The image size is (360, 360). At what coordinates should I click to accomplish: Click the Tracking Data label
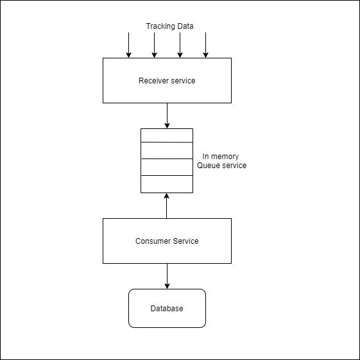coord(169,26)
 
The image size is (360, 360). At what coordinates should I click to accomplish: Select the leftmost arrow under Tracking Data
coord(128,45)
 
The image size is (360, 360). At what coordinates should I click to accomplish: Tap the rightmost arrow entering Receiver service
coord(205,45)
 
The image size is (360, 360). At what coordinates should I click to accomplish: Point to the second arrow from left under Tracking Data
coord(154,45)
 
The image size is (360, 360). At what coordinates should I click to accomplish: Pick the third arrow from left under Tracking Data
coord(180,45)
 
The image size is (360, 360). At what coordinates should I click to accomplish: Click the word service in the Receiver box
coord(183,81)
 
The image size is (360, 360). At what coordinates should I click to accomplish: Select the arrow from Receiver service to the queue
coord(167,116)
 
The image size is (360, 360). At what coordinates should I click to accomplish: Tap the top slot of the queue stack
coord(167,135)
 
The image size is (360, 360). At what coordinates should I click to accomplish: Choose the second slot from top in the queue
coord(167,151)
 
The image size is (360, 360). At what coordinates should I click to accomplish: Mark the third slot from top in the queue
coord(167,167)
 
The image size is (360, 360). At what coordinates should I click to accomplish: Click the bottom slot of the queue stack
coord(167,184)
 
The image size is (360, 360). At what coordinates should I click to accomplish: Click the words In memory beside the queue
coord(220,157)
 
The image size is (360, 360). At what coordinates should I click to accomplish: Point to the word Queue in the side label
coord(209,166)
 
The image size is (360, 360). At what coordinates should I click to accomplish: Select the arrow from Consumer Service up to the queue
coord(167,205)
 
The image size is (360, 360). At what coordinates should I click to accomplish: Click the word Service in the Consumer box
coord(185,241)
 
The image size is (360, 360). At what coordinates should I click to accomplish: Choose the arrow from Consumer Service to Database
coord(167,276)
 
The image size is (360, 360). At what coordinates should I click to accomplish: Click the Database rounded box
coord(167,309)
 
